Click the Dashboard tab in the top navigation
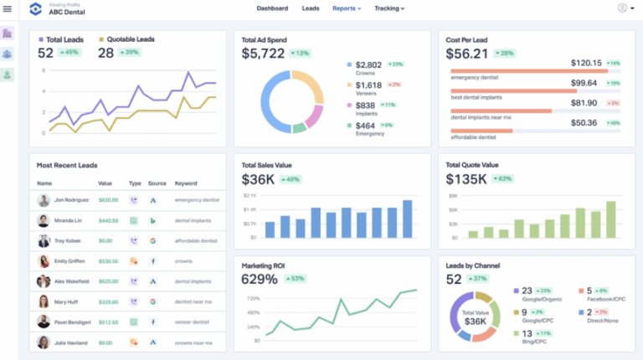272,8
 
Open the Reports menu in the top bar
346,8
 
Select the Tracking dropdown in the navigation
389,8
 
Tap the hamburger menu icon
8,9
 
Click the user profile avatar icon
623,8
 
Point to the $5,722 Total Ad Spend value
263,54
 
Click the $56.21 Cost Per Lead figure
467,54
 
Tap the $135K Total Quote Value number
467,179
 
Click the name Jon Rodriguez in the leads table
72,200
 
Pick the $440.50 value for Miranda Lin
108,221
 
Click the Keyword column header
186,183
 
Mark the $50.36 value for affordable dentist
584,122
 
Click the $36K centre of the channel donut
475,321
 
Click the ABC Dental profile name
66,12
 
